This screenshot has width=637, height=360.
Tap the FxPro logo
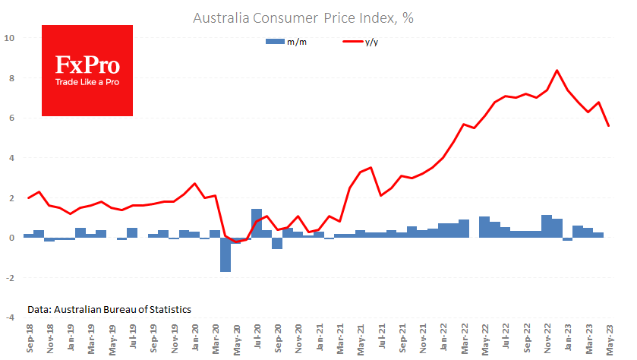pyautogui.click(x=87, y=70)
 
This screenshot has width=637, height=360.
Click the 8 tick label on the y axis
pyautogui.click(x=10, y=78)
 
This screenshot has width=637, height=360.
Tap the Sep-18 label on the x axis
pyautogui.click(x=28, y=338)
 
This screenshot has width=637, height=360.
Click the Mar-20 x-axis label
pyautogui.click(x=216, y=338)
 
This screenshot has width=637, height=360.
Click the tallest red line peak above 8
pyautogui.click(x=557, y=71)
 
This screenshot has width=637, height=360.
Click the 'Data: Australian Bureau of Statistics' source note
pyautogui.click(x=109, y=309)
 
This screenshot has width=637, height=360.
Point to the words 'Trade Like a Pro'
pyautogui.click(x=87, y=81)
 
